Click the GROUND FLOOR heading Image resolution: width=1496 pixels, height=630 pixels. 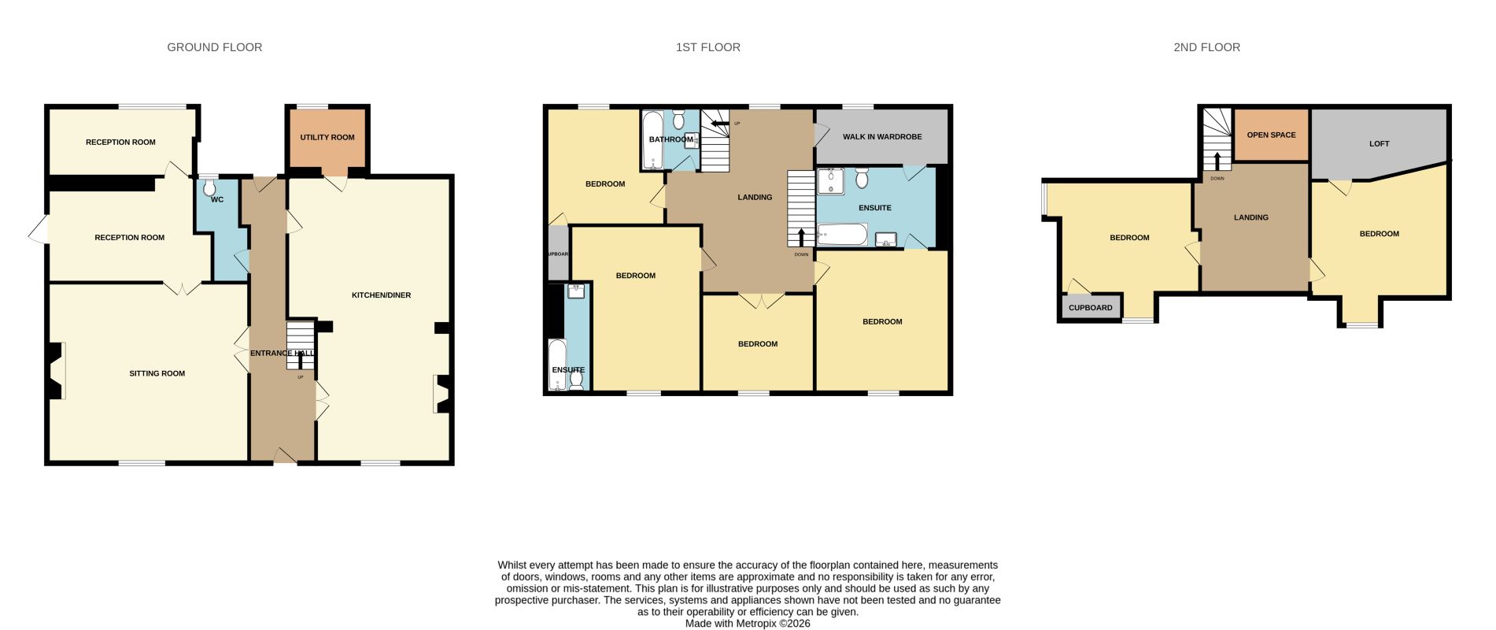[215, 47]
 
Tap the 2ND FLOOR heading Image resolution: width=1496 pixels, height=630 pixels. [1206, 47]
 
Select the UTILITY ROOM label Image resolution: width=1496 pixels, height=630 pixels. [327, 138]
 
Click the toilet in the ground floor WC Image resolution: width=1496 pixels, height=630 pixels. [209, 187]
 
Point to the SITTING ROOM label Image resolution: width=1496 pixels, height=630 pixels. [157, 374]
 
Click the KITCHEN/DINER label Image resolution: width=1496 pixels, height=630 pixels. [381, 295]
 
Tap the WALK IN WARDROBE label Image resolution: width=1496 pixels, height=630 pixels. [882, 137]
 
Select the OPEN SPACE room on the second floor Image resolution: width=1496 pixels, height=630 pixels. [1271, 135]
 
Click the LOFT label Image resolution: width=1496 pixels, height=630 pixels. [1380, 144]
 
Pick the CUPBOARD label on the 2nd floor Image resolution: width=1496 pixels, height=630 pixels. [1091, 308]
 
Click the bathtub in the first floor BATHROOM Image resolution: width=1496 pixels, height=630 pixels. [653, 140]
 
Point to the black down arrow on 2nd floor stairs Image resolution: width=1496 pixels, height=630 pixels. [1217, 161]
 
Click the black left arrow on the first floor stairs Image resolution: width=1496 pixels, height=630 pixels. [720, 123]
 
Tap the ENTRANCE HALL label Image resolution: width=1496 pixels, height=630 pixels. [283, 354]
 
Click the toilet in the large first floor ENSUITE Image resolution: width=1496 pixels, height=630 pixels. [862, 179]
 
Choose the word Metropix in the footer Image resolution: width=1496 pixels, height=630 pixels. [755, 624]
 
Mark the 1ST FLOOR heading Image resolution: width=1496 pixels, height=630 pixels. [708, 47]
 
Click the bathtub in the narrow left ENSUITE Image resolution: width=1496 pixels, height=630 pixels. [556, 365]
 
